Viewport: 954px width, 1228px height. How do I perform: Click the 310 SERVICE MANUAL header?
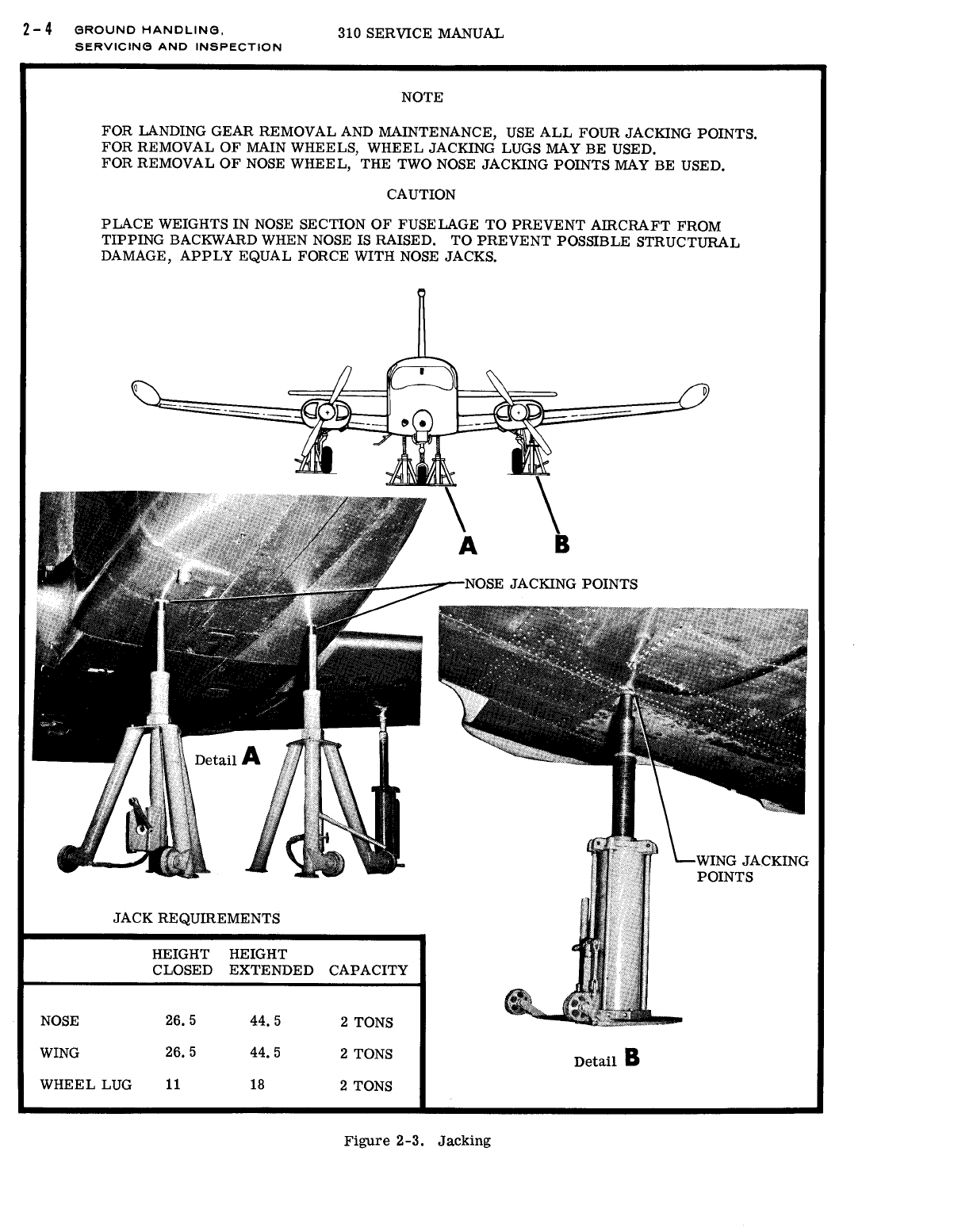point(420,34)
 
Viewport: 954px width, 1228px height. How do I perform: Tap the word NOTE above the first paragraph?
point(422,98)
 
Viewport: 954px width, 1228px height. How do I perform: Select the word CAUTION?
point(421,195)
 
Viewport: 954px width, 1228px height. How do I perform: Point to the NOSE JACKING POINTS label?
point(550,584)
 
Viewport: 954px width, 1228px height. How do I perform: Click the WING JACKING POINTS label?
point(752,869)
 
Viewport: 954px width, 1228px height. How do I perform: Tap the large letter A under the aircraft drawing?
point(468,545)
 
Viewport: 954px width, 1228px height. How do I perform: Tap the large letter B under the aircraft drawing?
point(561,545)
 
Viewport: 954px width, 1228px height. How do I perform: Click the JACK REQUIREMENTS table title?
point(197,919)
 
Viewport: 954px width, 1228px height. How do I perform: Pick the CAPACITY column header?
point(368,970)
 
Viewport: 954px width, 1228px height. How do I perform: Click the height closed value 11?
point(173,1085)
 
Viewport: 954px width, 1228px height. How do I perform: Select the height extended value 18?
point(257,1085)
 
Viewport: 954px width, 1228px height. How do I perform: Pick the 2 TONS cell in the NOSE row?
point(366,1023)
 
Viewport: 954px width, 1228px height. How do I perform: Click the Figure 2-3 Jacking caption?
point(417,1142)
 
